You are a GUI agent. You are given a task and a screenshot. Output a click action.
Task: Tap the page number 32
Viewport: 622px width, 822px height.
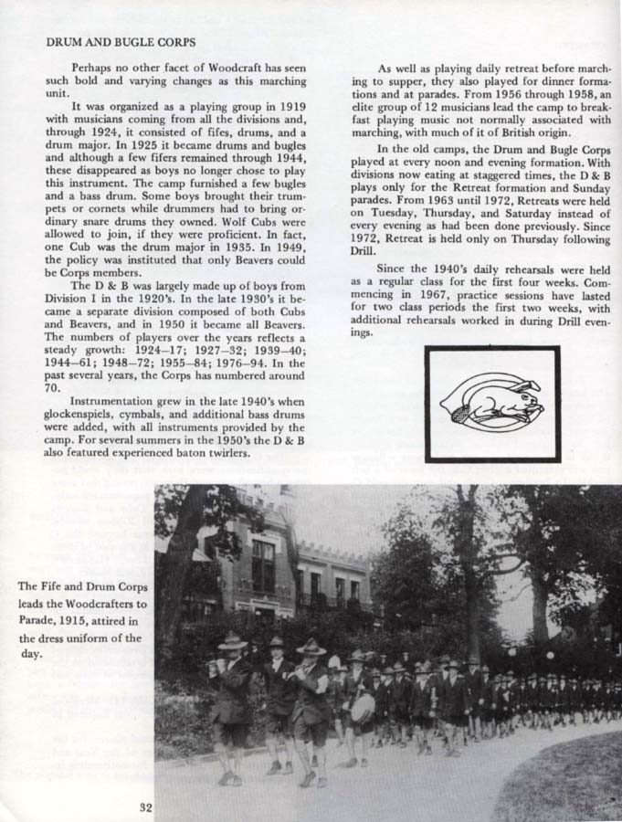[x=146, y=806]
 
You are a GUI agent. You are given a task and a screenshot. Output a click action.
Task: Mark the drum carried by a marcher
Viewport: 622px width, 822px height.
[x=363, y=707]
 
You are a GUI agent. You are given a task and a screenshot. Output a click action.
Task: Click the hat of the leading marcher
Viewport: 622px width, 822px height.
[x=232, y=641]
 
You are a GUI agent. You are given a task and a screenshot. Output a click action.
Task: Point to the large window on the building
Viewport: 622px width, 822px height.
[x=263, y=564]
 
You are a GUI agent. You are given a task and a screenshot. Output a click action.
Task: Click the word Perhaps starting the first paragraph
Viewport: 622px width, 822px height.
[x=90, y=68]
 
